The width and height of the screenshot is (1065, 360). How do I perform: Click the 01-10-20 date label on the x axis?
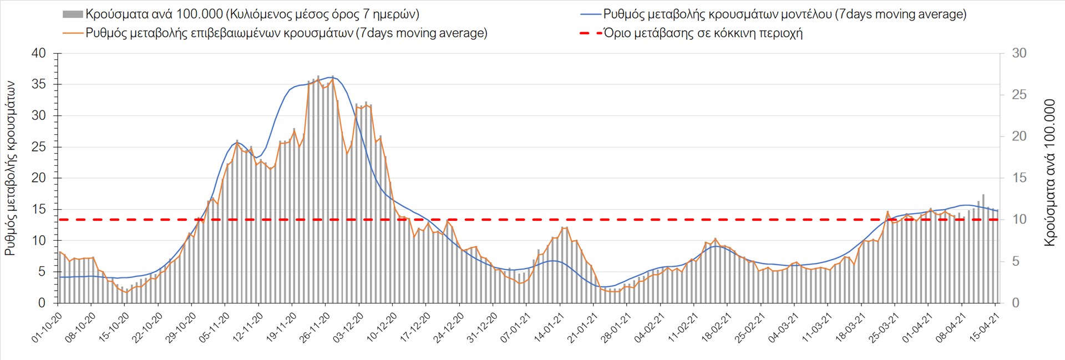point(47,328)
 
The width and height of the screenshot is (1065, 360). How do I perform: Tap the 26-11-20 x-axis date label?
point(315,328)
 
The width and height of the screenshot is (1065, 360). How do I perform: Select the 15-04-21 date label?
point(985,328)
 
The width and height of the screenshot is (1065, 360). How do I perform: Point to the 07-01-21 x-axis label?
point(516,328)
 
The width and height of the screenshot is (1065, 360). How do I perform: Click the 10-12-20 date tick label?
point(382,328)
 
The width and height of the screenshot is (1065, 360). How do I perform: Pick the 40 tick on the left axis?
point(39,54)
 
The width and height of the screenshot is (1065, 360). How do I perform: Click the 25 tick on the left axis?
point(39,147)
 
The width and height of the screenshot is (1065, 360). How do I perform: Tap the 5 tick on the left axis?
point(42,272)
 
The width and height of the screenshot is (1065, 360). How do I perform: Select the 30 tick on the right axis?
point(1019,53)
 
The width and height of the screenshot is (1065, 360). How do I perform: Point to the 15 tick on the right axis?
point(1019,178)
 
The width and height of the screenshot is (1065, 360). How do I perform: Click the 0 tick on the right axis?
point(1016,303)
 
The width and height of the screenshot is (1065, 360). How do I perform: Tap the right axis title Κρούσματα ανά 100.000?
point(1049,173)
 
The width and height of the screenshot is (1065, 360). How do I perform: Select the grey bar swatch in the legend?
point(73,14)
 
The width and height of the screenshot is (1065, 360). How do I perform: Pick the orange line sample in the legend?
point(73,33)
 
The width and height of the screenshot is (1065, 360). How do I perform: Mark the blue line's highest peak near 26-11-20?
point(332,77)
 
